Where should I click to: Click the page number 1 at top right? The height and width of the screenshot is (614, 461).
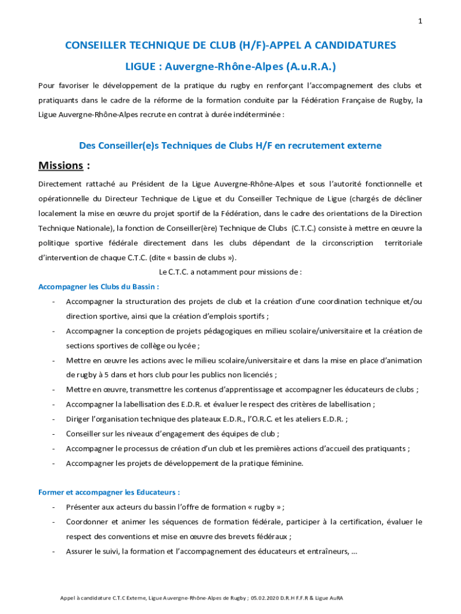tap(420, 22)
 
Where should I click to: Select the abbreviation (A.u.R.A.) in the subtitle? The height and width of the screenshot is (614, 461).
tap(307, 65)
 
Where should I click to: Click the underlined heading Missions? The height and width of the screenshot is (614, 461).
tap(60, 165)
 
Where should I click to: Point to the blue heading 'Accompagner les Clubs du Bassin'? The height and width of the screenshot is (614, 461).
tap(98, 287)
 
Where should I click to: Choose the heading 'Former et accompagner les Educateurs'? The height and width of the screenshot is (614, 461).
tap(109, 492)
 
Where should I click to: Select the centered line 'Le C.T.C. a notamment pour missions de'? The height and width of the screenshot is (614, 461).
tap(230, 272)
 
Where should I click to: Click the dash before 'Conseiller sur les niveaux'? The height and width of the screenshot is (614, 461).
tap(54, 434)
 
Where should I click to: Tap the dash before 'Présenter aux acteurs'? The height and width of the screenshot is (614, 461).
tap(54, 507)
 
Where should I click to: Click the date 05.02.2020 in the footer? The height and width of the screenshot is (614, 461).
tap(269, 598)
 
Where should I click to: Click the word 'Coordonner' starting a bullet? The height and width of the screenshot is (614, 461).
tap(87, 522)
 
